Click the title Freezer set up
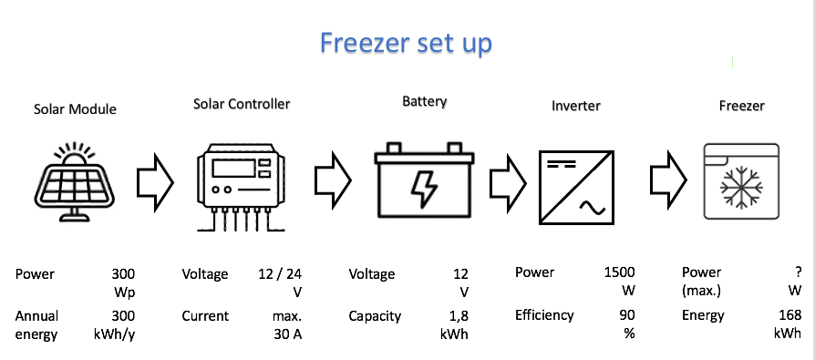406,44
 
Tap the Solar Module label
75,109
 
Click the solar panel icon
75,181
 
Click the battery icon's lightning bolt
424,189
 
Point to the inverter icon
576,187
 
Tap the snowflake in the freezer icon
741,188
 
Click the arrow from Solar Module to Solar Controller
155,182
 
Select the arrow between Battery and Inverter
508,182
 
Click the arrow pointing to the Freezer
668,180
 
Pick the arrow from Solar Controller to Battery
333,180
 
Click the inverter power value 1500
620,273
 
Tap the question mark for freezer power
799,273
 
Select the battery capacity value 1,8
459,316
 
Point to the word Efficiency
545,315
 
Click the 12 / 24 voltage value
280,273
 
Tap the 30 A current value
288,334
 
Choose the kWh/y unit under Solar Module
111,334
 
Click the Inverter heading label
576,106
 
